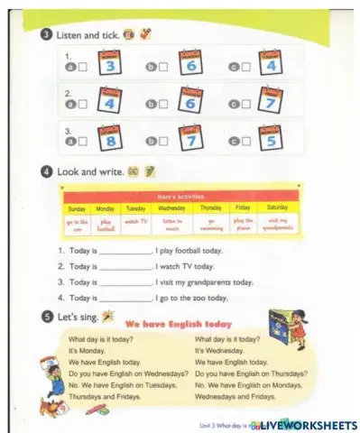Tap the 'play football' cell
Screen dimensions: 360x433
(106, 222)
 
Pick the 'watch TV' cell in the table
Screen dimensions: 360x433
(135, 221)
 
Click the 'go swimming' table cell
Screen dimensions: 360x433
(209, 222)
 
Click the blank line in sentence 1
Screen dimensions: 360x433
(125, 252)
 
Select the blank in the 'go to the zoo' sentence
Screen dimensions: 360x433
(125, 298)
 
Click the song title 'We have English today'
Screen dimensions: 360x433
(178, 323)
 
